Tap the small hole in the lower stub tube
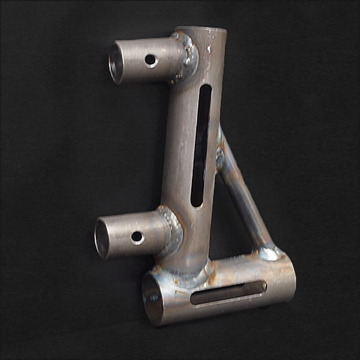click(137, 238)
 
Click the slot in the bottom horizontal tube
click(228, 293)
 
